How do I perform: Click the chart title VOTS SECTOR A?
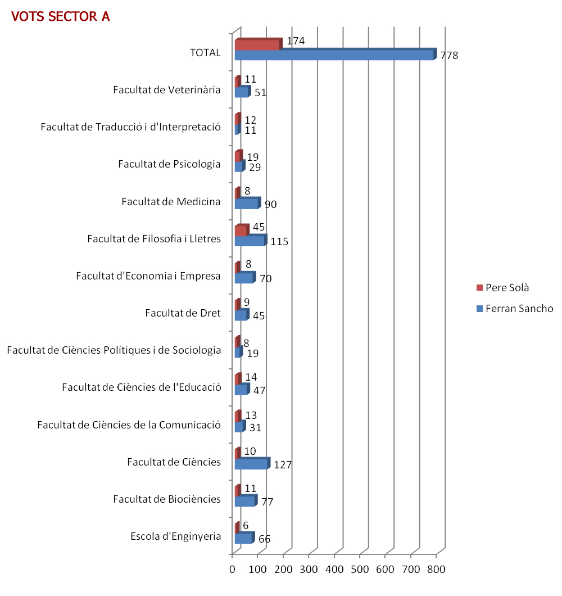[61, 17]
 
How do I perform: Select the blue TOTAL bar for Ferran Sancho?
[336, 55]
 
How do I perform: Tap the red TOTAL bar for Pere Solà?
[259, 44]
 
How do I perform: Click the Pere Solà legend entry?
[503, 288]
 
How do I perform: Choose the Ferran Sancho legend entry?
[515, 308]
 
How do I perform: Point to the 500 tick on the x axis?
[360, 569]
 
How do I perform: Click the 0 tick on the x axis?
[232, 569]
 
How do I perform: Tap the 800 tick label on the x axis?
[436, 569]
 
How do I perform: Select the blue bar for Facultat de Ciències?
[252, 463]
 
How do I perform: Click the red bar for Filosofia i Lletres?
[242, 230]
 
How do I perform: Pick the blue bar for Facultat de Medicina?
[248, 203]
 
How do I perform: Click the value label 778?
[449, 56]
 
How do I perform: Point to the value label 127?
[283, 465]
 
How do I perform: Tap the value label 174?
[296, 40]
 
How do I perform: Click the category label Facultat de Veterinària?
[167, 90]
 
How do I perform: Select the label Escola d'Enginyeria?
[175, 536]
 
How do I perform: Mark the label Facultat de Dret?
[183, 313]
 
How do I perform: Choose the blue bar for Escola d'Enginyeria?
[244, 538]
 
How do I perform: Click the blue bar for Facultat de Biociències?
[246, 500]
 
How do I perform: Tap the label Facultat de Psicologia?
[169, 164]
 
